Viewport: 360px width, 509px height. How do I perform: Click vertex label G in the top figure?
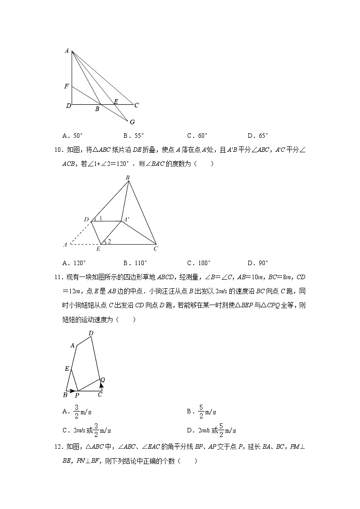pos(132,122)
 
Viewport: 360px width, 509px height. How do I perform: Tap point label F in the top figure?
pos(67,86)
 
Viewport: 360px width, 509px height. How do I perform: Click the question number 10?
pos(58,150)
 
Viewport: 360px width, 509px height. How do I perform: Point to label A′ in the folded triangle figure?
pos(126,219)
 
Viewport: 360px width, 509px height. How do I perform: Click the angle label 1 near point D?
pos(100,218)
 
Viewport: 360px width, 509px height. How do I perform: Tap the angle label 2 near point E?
pos(109,241)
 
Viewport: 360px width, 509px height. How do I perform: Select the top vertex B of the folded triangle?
pos(128,178)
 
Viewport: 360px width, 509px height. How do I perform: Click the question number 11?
pos(58,277)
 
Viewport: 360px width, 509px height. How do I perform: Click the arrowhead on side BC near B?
pos(73,390)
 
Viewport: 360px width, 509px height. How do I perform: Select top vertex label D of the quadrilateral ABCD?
pos(91,334)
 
